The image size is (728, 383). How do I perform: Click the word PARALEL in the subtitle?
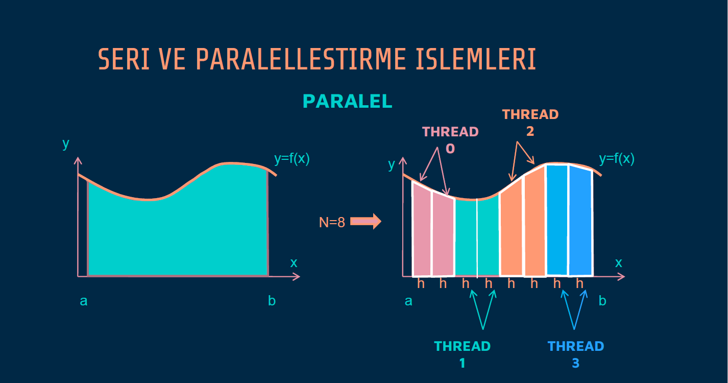coord(348,102)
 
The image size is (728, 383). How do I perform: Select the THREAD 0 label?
coord(450,139)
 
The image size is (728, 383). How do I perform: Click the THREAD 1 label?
coord(462,354)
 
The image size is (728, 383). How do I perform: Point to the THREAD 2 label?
coord(530,123)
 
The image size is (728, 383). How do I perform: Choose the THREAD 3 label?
coord(576,354)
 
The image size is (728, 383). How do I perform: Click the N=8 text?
coord(332,222)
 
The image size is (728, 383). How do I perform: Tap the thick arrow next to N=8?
coord(366,222)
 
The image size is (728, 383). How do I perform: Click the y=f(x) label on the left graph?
coord(292,159)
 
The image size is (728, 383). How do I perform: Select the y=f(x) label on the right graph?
coord(617,159)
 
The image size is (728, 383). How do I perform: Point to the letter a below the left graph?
coord(84,301)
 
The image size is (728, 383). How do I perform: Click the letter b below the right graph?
coord(602,301)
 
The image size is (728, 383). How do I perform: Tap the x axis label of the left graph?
coord(294,263)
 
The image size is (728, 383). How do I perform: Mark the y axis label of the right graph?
coord(392,164)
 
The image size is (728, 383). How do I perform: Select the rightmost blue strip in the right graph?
coord(580,222)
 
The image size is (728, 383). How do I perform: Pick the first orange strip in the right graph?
coord(511,230)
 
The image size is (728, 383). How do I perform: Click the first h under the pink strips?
coord(421,284)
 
